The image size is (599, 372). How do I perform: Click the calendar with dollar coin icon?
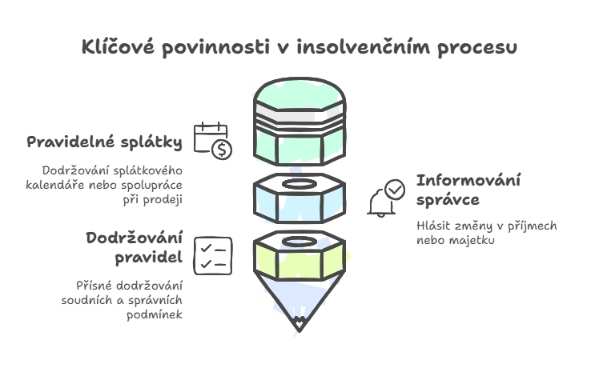pyautogui.click(x=212, y=140)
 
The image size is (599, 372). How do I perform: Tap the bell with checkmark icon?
pyautogui.click(x=386, y=198)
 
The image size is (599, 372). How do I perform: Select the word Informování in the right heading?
pyautogui.click(x=468, y=180)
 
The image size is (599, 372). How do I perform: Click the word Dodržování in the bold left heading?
pyautogui.click(x=134, y=238)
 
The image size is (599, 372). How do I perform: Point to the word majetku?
pyautogui.click(x=477, y=240)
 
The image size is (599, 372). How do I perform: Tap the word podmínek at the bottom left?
pyautogui.click(x=153, y=314)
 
